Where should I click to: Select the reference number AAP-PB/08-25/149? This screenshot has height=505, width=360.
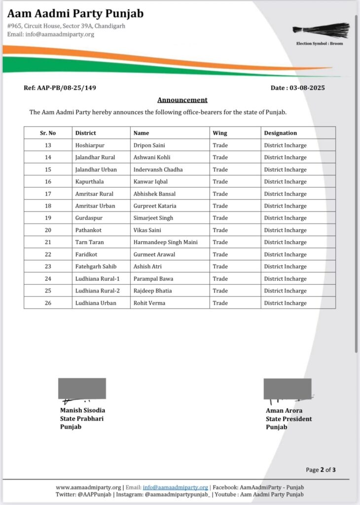[60, 88]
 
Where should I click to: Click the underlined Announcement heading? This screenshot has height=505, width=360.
[182, 100]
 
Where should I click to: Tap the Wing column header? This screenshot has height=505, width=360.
[219, 133]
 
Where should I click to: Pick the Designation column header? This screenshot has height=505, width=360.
[281, 133]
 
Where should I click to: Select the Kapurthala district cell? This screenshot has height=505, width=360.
[89, 181]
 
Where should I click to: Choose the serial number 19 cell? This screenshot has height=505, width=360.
[48, 218]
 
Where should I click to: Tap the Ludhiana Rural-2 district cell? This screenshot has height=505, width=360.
[97, 291]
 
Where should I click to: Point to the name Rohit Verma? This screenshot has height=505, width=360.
[149, 303]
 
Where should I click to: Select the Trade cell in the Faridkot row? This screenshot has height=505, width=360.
[220, 254]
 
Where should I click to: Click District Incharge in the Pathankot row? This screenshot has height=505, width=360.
[285, 230]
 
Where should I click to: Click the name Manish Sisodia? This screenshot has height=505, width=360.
[82, 410]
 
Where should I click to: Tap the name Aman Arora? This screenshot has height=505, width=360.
[284, 410]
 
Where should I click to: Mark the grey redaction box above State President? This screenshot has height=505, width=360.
[288, 389]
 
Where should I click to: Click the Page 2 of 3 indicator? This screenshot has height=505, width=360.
[321, 469]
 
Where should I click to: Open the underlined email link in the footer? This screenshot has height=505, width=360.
[175, 487]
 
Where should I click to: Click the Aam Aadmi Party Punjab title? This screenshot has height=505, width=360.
[75, 13]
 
